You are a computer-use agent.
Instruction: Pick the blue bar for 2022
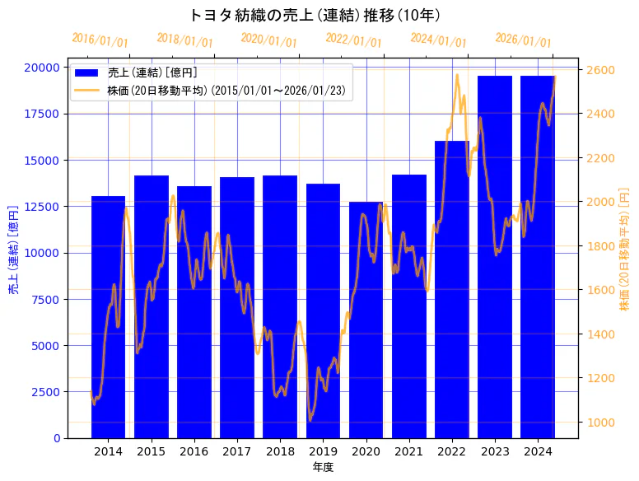click(451, 289)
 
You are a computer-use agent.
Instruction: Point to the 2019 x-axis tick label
click(323, 451)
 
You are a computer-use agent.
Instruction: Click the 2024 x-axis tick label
click(537, 451)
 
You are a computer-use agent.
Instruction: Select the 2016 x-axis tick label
click(194, 451)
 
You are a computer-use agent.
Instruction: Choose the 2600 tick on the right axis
click(599, 70)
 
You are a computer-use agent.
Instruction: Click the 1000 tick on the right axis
click(599, 423)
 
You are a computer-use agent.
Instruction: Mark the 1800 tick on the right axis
click(599, 246)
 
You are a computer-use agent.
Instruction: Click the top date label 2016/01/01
click(100, 40)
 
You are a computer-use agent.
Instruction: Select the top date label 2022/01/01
click(354, 40)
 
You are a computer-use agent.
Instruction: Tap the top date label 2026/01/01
click(524, 40)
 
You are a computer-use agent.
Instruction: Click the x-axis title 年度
click(323, 467)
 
